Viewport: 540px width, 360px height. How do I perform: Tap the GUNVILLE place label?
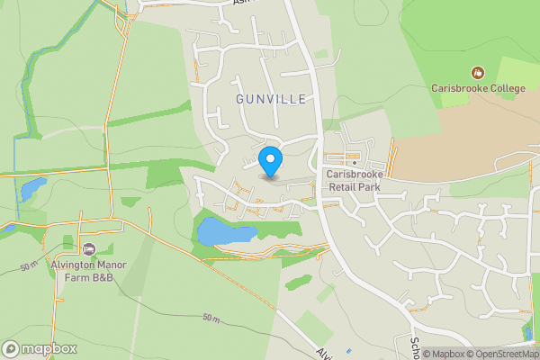click(272, 98)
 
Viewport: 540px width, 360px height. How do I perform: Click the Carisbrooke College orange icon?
click(477, 72)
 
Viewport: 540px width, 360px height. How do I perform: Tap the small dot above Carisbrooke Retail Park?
click(353, 163)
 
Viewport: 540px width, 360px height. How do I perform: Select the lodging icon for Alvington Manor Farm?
click(87, 248)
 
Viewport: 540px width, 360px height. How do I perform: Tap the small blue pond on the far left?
click(32, 189)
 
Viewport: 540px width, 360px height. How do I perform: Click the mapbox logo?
click(40, 348)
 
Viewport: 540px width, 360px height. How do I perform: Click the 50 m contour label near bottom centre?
click(211, 319)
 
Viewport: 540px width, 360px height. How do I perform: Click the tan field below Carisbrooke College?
click(459, 153)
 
